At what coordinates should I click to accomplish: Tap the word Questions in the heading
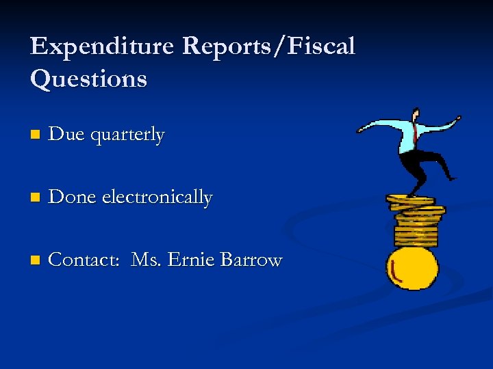click(x=88, y=79)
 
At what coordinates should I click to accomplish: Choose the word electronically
click(x=157, y=198)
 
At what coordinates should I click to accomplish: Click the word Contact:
click(x=86, y=260)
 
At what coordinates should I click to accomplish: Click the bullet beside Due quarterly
click(x=35, y=136)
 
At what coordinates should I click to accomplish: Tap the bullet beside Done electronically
click(x=35, y=199)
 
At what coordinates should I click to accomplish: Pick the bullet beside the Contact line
click(x=35, y=261)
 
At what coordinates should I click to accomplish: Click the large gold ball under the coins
click(x=412, y=267)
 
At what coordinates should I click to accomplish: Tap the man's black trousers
click(x=420, y=164)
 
